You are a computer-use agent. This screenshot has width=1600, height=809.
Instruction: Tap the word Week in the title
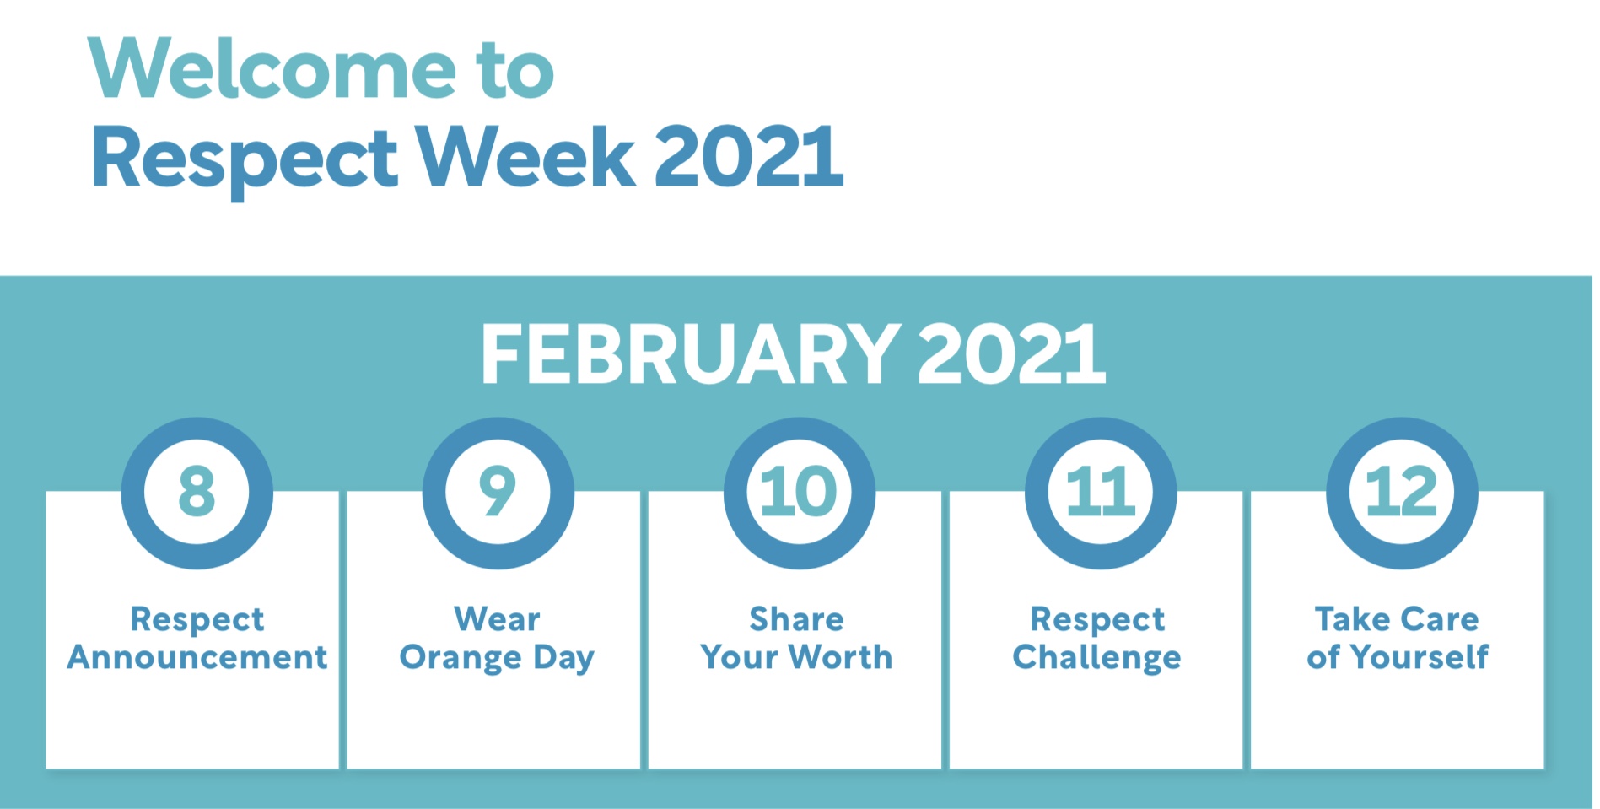[x=525, y=157]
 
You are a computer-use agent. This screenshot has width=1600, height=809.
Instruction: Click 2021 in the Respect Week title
[x=748, y=157]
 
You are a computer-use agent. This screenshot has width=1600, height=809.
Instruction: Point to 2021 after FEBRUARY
[x=1010, y=354]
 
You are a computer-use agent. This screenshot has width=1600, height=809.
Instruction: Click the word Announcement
[x=197, y=657]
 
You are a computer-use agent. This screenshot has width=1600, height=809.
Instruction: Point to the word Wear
[x=497, y=619]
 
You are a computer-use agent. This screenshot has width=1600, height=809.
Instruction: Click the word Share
[x=796, y=619]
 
